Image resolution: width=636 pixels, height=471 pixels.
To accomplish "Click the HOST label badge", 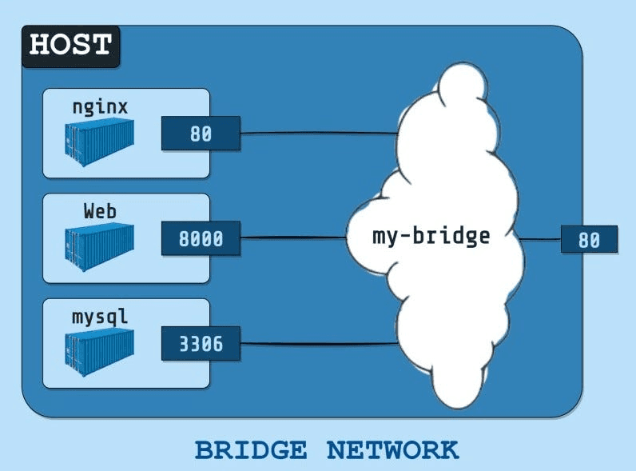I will tap(70, 45).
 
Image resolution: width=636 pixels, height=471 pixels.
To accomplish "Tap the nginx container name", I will tap(100, 107).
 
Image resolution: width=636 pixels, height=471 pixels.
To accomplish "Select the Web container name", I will tap(100, 212).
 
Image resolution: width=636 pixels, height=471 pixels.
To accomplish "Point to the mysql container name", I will tap(100, 317).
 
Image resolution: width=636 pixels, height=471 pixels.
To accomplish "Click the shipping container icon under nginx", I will tap(100, 142).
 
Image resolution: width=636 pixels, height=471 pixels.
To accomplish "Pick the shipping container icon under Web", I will tap(100, 246).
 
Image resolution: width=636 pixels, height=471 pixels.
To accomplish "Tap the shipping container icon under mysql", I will tap(100, 352).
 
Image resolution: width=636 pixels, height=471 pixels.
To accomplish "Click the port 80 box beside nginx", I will tap(201, 134).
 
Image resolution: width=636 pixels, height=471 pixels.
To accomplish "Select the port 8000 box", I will tap(201, 239).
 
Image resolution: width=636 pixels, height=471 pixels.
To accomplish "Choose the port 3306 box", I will tap(201, 345).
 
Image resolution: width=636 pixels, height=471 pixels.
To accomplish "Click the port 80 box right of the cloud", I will tap(589, 240).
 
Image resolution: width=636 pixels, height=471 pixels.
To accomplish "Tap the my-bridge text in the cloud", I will tap(431, 237).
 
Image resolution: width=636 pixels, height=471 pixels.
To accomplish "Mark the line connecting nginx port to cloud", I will tap(320, 134).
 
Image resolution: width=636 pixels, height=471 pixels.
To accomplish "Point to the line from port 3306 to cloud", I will tap(320, 344).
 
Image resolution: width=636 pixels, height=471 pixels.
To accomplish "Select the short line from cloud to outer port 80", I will tap(540, 239).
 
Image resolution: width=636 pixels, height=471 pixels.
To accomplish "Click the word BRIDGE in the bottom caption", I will tap(250, 450).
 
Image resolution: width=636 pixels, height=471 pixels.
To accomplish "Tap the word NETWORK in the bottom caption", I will tap(392, 450).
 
